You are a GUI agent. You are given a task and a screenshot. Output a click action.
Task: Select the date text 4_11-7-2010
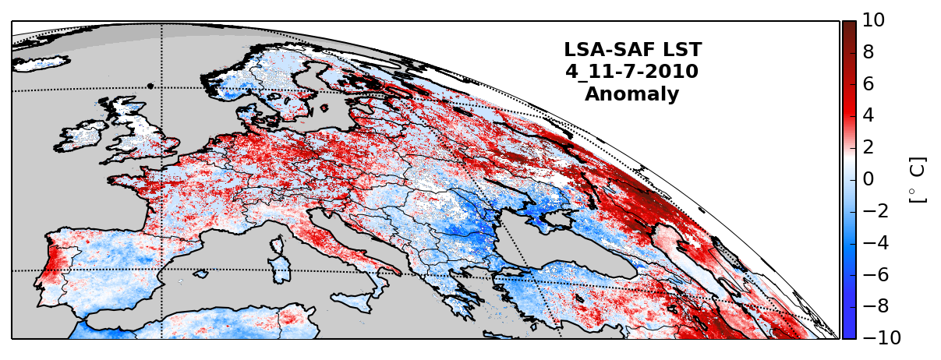click(x=631, y=72)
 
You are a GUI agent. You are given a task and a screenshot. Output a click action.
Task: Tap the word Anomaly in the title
click(x=631, y=94)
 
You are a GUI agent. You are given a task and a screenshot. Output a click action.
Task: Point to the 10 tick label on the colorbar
click(x=874, y=21)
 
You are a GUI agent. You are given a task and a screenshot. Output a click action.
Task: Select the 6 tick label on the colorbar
click(x=868, y=84)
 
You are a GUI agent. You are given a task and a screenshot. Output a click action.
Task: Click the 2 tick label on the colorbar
click(x=868, y=147)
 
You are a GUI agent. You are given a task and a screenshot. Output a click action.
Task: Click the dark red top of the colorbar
click(x=849, y=26)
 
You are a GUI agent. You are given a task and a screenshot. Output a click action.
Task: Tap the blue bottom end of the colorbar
click(x=849, y=333)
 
